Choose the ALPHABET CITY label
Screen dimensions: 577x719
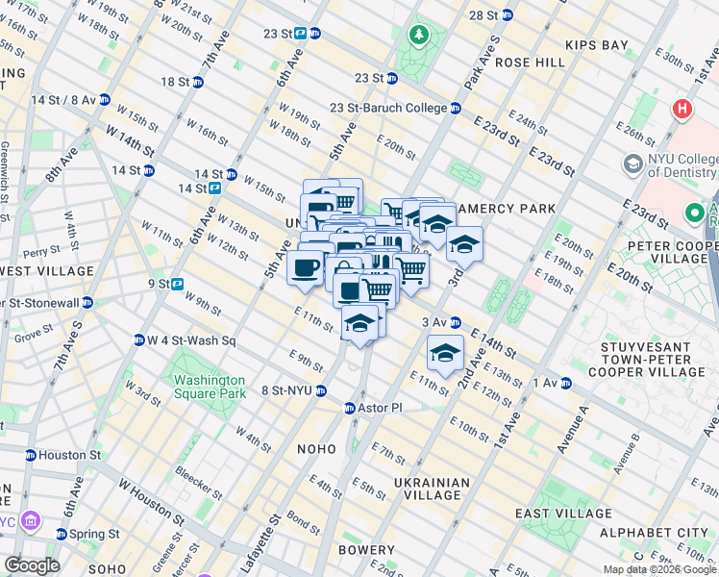[x=653, y=532]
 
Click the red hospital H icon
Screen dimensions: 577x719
[x=683, y=110]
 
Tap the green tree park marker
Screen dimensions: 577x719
[x=419, y=37]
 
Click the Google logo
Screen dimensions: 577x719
[x=32, y=565]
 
